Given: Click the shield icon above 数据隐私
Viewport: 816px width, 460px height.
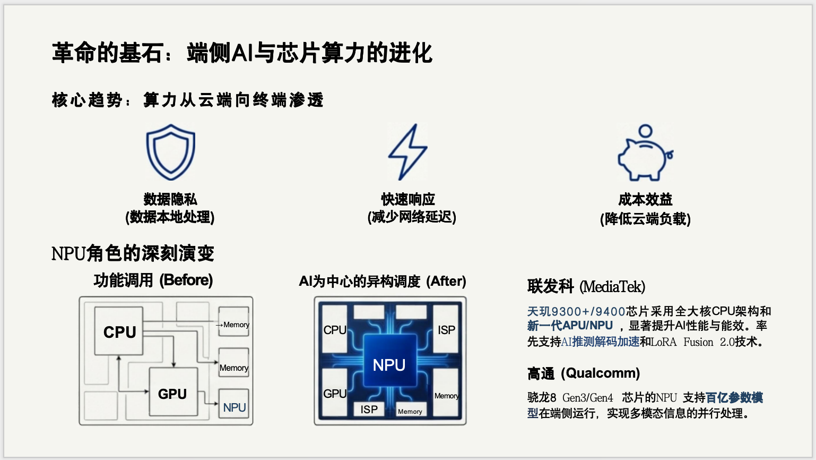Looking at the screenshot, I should coord(171,152).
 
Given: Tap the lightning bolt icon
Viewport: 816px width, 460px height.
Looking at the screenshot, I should coord(407,152).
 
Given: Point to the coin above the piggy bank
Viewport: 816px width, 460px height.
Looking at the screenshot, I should coord(645,131).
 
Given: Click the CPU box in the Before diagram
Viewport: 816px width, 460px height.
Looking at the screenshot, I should coord(119,331).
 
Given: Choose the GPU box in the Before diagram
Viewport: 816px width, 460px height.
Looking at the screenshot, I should coord(173,393).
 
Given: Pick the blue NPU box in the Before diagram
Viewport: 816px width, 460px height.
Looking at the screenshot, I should coord(234,407).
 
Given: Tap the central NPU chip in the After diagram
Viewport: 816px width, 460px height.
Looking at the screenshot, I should coord(389,365).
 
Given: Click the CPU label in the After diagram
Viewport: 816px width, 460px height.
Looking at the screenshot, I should coord(335,330).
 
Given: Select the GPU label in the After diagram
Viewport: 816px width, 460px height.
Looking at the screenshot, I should coord(335,394).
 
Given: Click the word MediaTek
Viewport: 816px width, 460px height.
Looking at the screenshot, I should coord(612,287).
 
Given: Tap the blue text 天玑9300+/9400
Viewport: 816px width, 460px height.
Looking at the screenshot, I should coord(576,311).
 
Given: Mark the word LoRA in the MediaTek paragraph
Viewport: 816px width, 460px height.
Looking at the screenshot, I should coord(664,342).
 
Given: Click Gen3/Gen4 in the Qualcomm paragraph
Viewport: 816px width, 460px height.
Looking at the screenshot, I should coord(587,398).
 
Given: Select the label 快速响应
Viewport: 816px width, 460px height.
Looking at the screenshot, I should coord(407,199).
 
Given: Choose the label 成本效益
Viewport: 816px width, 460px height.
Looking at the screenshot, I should coord(645,200).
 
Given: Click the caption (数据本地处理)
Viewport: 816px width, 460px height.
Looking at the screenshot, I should coord(170,217).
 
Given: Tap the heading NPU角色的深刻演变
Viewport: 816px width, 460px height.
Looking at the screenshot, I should coord(133,253).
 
